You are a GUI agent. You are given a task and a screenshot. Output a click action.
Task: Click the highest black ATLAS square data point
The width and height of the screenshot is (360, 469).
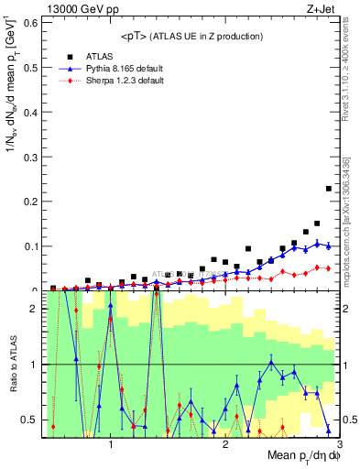coord(329,189)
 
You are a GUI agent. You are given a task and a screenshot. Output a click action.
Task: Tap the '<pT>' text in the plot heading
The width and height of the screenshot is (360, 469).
coord(134,36)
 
